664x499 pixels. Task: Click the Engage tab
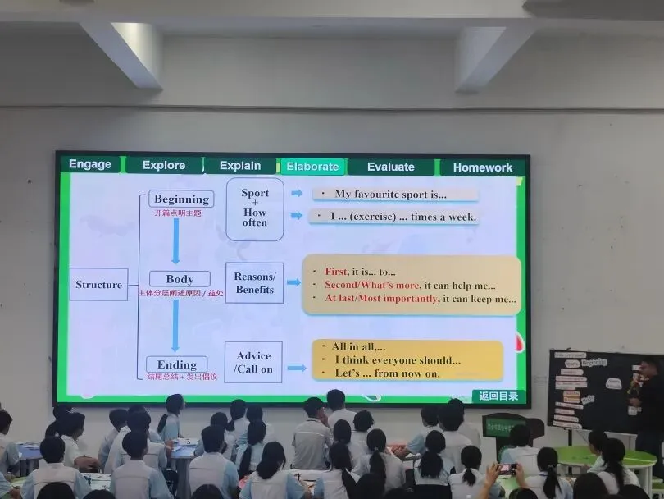90,164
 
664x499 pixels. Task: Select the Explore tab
164,165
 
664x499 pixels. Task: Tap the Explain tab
239,166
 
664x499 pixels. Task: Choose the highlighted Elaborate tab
312,167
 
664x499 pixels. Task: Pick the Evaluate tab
390,167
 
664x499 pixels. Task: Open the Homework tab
482,167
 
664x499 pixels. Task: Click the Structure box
98,285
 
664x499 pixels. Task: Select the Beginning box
181,199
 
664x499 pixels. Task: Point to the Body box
180,279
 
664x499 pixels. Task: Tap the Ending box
177,364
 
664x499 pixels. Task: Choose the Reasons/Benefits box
254,283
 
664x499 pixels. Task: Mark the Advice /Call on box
253,362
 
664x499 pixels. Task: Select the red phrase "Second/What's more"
372,286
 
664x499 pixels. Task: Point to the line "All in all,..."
358,347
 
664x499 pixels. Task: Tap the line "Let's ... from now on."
387,373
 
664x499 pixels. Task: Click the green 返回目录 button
498,396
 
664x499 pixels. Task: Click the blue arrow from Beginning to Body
175,240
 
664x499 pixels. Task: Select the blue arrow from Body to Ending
175,325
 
